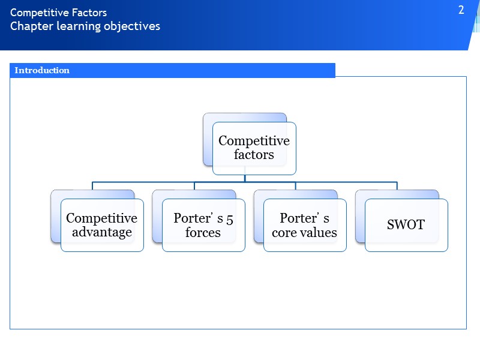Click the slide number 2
point(461,10)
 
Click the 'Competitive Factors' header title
point(58,13)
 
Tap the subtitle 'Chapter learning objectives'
point(85,26)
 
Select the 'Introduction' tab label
point(42,70)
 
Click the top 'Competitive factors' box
point(254,148)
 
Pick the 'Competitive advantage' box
point(101,225)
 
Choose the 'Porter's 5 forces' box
point(203,225)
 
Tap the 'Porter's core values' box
point(305,225)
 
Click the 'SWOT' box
point(406,225)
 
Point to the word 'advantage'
point(102,232)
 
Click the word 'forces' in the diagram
point(203,232)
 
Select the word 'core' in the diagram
point(284,232)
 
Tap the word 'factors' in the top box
point(254,155)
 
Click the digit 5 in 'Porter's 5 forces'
point(230,218)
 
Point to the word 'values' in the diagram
point(319,232)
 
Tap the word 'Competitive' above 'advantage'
point(101,218)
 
